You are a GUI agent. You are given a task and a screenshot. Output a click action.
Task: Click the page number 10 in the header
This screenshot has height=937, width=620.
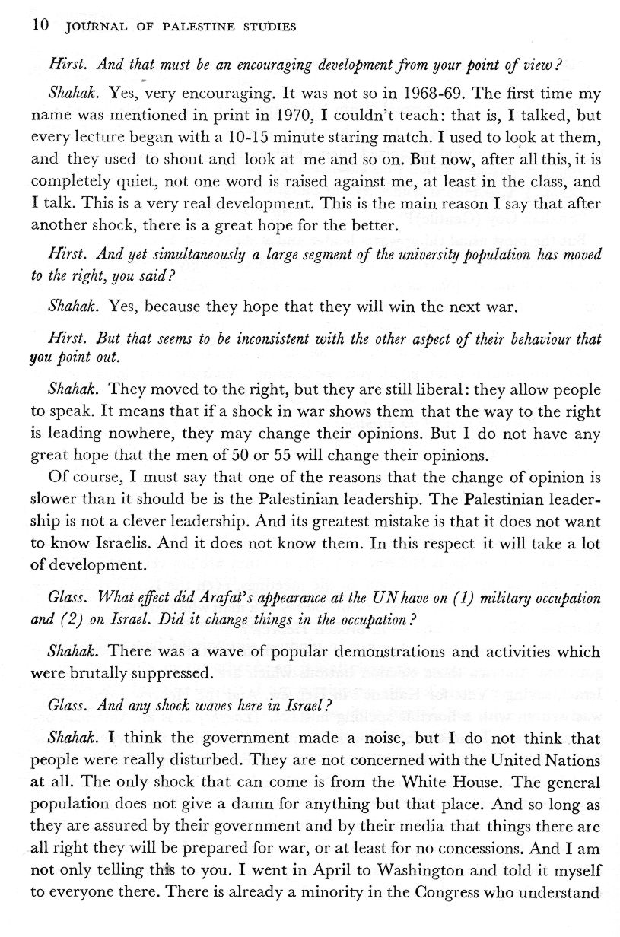pyautogui.click(x=40, y=27)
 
